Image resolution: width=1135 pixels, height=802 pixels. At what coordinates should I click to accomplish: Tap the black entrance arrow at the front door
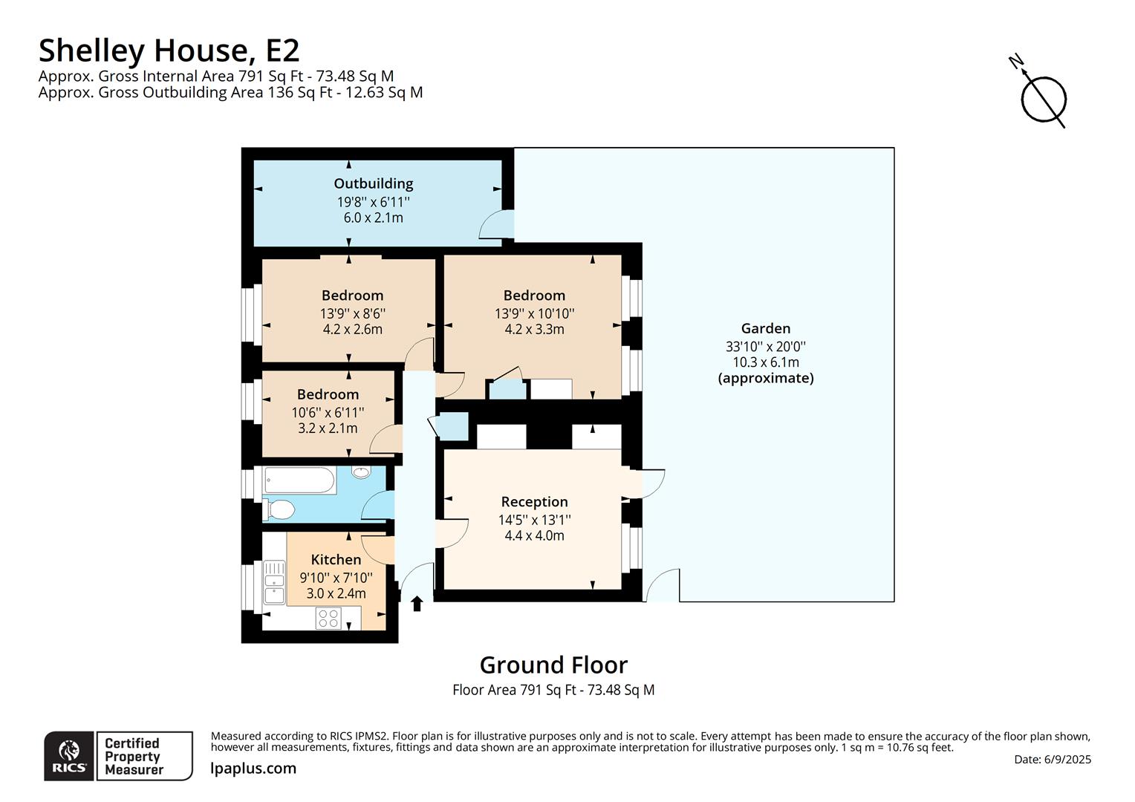coord(417,604)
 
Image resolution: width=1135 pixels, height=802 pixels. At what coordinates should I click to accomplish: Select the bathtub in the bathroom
coord(299,480)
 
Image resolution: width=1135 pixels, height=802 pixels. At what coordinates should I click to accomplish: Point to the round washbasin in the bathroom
coord(362,472)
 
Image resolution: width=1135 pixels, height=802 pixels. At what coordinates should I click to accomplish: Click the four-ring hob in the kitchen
coord(328,618)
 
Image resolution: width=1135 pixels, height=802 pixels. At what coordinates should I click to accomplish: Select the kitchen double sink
coord(274,582)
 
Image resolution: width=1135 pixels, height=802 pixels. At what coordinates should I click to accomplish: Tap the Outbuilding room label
coord(373,183)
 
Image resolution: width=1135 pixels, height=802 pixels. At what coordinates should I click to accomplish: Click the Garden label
coord(765,328)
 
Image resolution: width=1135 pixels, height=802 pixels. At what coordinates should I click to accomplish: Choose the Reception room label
coord(534,502)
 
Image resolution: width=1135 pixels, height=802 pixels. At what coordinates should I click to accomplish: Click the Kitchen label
coord(336,560)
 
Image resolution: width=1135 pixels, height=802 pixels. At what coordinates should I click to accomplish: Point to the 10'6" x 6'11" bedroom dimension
coord(328,412)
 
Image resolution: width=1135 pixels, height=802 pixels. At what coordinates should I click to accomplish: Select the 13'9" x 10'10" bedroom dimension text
coord(534,313)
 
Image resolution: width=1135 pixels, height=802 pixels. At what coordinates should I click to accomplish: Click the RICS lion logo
coord(70,756)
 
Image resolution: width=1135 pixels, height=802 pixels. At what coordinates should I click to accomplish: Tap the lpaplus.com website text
coord(253,769)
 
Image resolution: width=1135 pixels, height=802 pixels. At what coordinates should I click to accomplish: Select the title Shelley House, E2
coord(169,50)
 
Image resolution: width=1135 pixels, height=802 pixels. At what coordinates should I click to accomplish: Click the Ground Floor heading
coord(553,665)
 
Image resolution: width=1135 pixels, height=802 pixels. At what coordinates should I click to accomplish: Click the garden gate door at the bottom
coord(662,586)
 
